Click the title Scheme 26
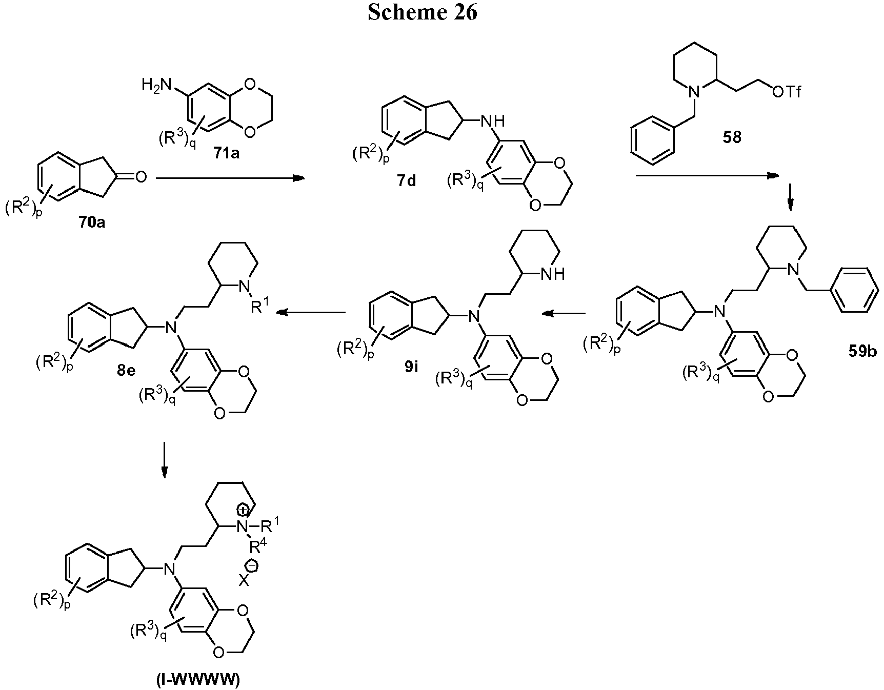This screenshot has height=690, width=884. click(x=423, y=12)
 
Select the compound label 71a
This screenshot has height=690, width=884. click(x=226, y=153)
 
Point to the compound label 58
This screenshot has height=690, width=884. click(x=732, y=138)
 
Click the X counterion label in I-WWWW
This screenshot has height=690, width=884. click(x=245, y=581)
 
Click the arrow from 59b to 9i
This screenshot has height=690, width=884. click(x=565, y=313)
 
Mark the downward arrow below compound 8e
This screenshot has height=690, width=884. click(x=164, y=460)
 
